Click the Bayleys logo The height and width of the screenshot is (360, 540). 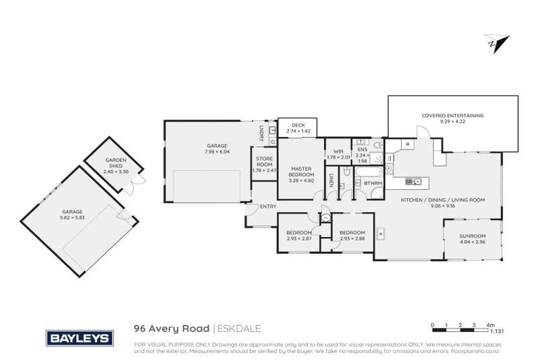click(x=79, y=338)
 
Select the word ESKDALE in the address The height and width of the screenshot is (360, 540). click(x=239, y=327)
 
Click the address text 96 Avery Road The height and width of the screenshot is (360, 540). click(x=171, y=327)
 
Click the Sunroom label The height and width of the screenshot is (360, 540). click(x=472, y=236)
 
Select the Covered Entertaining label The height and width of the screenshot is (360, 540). click(x=452, y=115)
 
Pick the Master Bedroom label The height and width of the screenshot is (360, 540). click(x=300, y=172)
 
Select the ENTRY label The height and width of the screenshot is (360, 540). click(x=268, y=206)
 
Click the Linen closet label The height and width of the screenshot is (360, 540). click(x=330, y=182)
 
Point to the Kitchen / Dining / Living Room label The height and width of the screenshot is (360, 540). click(x=442, y=200)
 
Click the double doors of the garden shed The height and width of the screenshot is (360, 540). click(x=139, y=183)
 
